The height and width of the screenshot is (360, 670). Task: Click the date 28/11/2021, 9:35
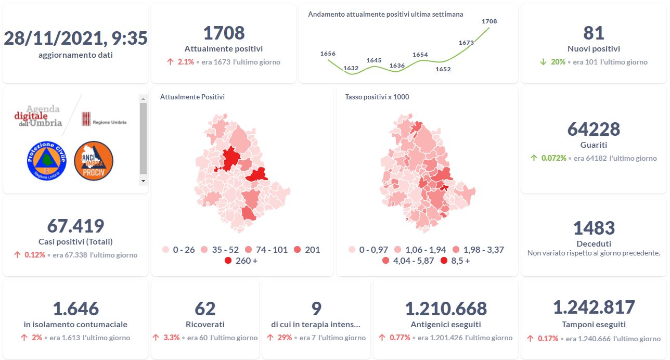[x=76, y=38]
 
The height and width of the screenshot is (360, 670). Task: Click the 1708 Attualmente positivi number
[x=224, y=33]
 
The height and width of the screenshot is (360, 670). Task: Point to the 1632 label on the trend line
[x=351, y=68]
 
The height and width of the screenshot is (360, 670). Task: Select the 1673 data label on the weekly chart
[x=466, y=43]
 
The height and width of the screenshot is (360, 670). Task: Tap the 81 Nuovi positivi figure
[x=594, y=33]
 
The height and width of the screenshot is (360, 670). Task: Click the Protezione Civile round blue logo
[x=47, y=160]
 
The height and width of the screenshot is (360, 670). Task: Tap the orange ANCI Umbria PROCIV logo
[x=94, y=161]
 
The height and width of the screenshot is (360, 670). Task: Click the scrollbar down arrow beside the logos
[x=143, y=181]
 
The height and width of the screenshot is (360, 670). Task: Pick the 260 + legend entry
[x=241, y=261]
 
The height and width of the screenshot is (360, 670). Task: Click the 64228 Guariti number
[x=594, y=129]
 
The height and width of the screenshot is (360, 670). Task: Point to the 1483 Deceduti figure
[x=594, y=228]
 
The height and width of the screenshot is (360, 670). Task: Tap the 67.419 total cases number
[x=76, y=226]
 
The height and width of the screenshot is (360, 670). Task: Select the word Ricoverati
[x=205, y=324]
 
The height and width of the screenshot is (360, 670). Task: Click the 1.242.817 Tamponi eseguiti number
[x=594, y=307]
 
